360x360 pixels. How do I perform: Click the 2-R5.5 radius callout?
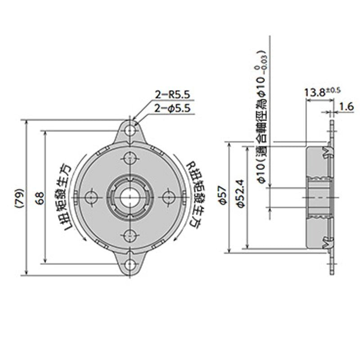(x=173, y=94)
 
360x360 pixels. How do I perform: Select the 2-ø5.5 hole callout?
(x=173, y=108)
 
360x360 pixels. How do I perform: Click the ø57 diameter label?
(x=220, y=197)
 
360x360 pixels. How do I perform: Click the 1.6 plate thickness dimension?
(x=346, y=107)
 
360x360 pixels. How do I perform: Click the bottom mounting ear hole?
(x=130, y=264)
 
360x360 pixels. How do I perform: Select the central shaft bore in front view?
(x=130, y=196)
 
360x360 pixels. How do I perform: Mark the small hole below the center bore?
(x=130, y=234)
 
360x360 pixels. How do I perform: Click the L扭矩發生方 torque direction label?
(x=63, y=197)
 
